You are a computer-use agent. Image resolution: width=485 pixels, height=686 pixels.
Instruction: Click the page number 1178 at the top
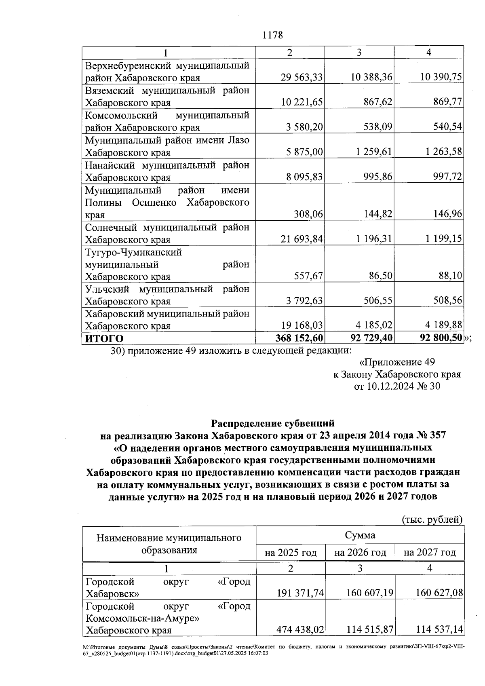tap(273, 35)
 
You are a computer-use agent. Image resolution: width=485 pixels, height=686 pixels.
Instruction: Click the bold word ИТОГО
tap(104, 338)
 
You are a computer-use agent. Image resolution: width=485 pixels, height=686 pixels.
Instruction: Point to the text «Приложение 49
tap(397, 362)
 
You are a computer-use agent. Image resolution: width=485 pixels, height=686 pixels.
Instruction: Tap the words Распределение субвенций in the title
tap(273, 423)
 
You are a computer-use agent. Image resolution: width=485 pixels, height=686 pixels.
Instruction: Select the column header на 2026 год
tap(360, 552)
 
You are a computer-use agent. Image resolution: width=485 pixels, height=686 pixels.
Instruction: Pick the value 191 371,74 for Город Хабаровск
tap(300, 593)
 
